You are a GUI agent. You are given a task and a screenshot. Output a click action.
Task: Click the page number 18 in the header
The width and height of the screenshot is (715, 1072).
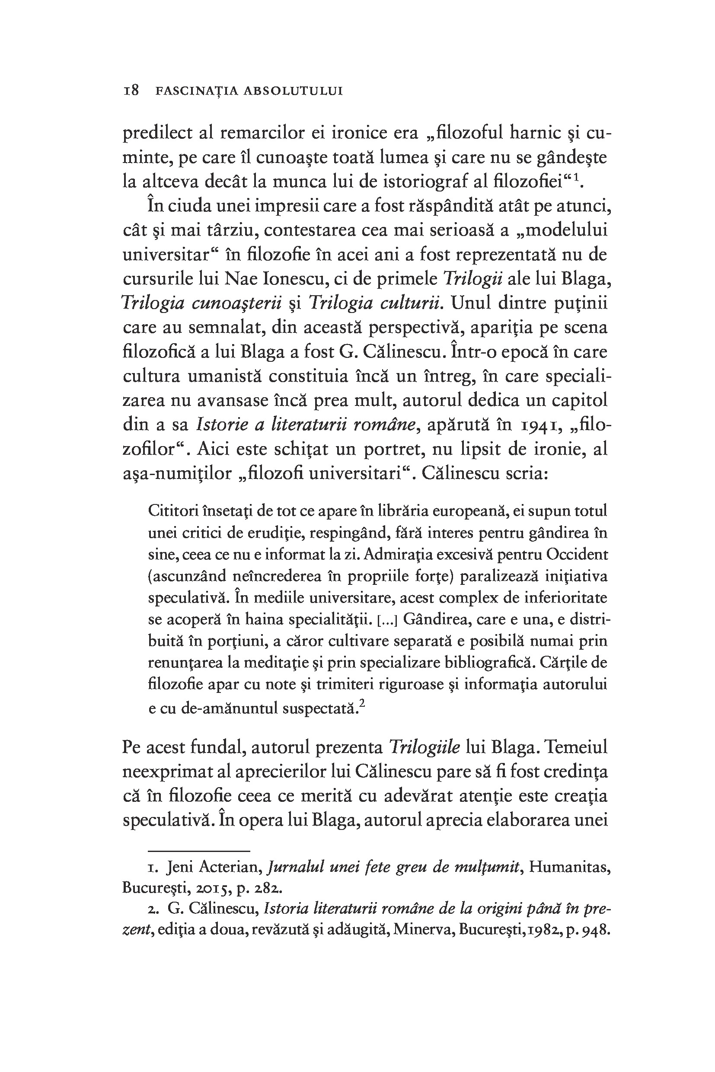tap(131, 90)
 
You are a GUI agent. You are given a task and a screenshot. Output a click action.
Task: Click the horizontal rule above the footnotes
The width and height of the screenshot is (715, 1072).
tap(199, 851)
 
